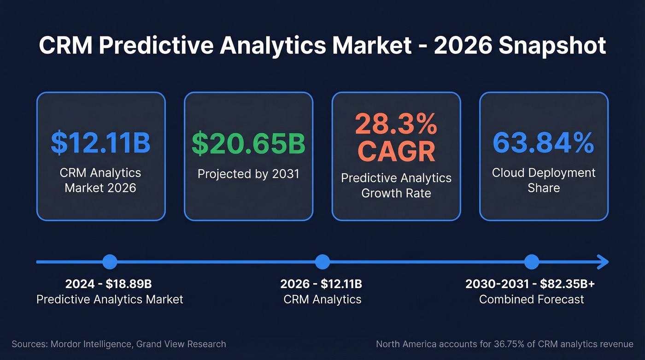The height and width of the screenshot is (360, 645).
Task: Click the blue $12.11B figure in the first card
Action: tap(100, 143)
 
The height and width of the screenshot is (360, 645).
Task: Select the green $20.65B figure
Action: tap(248, 143)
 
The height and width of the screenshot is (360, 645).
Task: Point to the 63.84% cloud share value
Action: tap(544, 143)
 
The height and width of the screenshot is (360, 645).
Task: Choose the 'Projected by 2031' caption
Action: tap(248, 174)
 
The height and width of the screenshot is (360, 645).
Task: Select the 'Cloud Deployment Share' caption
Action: tap(544, 180)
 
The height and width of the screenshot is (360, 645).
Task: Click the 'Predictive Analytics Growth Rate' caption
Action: tap(396, 185)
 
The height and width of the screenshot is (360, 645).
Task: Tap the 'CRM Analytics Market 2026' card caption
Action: tap(100, 180)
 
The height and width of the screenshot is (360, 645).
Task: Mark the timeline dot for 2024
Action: tap(110, 262)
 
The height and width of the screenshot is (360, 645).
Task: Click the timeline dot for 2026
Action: tap(322, 262)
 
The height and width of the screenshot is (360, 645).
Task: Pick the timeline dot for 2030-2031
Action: tap(532, 262)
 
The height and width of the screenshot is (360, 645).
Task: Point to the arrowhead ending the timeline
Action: tap(603, 262)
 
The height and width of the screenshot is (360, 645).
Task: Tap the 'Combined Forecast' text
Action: tap(532, 299)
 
